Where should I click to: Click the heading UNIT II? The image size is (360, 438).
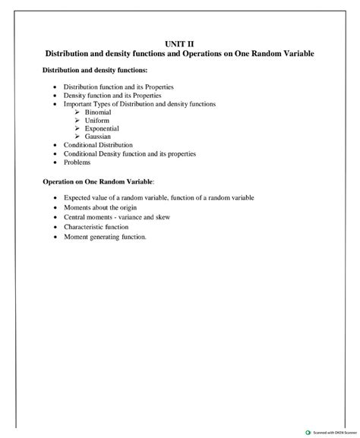(x=179, y=45)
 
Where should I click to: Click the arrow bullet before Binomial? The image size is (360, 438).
(x=77, y=112)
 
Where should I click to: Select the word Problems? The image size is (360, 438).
(x=77, y=162)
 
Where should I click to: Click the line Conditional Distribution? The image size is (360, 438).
(x=98, y=144)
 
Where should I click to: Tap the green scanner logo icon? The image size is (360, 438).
(x=308, y=432)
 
